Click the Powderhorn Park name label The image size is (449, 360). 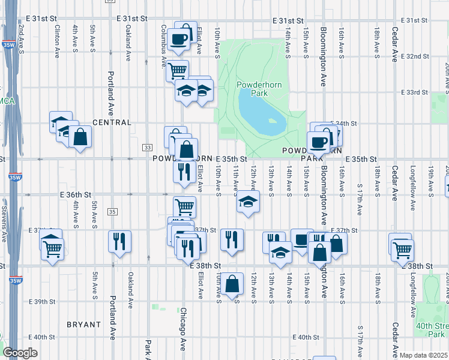(x=251, y=89)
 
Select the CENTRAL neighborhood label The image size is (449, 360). (x=112, y=122)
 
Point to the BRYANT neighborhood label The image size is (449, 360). (x=83, y=325)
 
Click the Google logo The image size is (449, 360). (x=20, y=353)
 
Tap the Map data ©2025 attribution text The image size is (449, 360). (x=424, y=355)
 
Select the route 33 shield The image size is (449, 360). (x=147, y=147)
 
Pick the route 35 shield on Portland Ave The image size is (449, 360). (x=112, y=211)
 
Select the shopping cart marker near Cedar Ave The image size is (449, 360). (x=402, y=248)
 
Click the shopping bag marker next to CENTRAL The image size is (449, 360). (x=80, y=136)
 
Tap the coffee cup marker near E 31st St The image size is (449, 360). (x=178, y=40)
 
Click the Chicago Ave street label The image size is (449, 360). (x=184, y=331)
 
